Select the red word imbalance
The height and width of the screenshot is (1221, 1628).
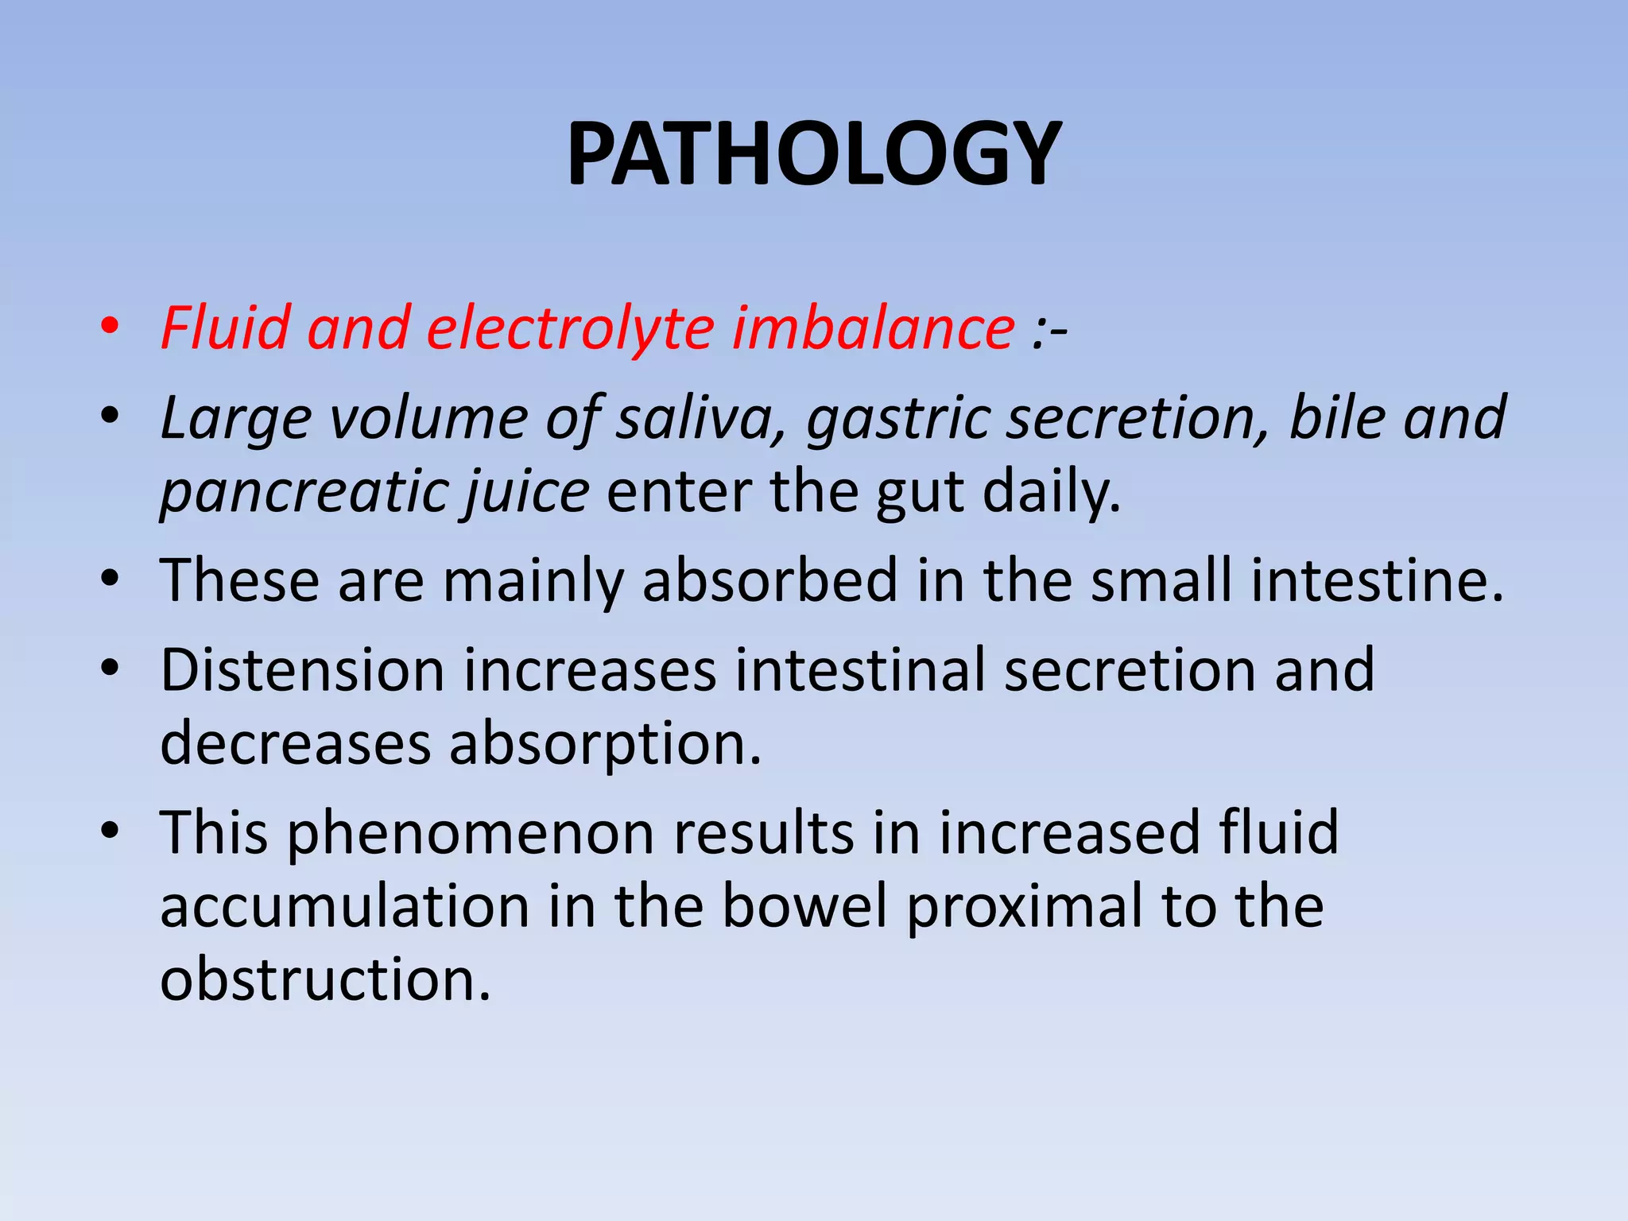[x=873, y=328]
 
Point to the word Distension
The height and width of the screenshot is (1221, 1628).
[x=302, y=670]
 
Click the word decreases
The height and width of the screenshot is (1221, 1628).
[x=295, y=744]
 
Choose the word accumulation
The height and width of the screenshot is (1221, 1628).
[x=344, y=907]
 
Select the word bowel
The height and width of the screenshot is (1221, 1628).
[x=804, y=907]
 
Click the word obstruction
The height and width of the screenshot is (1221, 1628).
[x=325, y=979]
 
